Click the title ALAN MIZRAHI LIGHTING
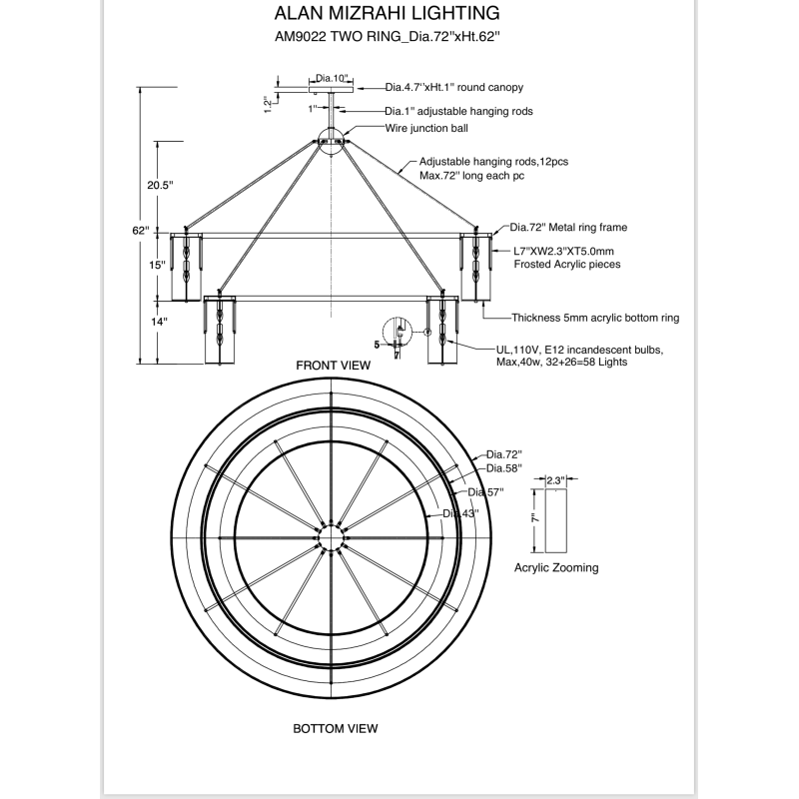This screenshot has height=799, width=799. [387, 13]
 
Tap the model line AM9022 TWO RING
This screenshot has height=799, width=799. [338, 37]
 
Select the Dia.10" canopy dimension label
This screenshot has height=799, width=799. [332, 78]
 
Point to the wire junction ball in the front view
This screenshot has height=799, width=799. [332, 140]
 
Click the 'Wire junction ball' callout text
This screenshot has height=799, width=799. [426, 128]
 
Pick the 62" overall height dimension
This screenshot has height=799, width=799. [141, 231]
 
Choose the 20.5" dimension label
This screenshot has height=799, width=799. [160, 185]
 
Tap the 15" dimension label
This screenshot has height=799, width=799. [157, 265]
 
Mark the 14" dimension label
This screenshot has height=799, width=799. [159, 322]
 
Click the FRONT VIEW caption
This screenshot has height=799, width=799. [334, 366]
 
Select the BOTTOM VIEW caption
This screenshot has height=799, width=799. [336, 729]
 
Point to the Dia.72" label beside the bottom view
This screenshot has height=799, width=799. [504, 454]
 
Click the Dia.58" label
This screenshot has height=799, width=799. [504, 468]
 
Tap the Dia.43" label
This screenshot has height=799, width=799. [460, 513]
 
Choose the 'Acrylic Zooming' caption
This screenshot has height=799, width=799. [556, 567]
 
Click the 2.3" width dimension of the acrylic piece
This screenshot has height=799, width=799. [555, 480]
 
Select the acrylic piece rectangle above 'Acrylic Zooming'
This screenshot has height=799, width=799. [556, 520]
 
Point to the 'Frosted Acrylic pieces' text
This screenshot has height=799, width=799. [567, 264]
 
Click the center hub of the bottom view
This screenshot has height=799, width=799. [332, 537]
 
